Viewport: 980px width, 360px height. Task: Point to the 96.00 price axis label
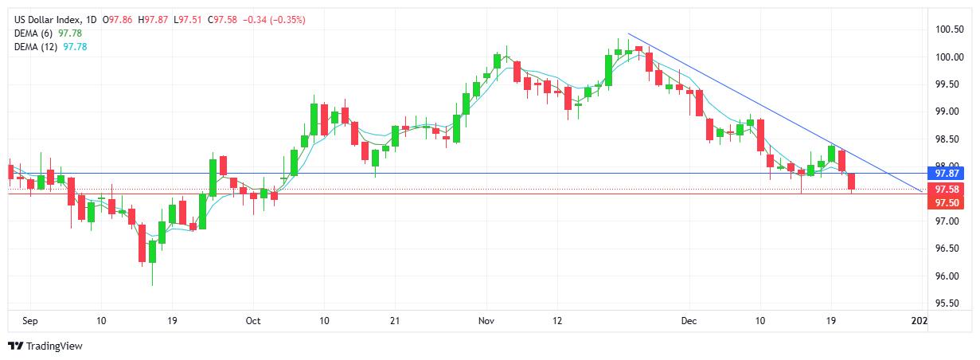pos(949,276)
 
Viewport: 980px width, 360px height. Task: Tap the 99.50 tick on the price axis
pos(949,84)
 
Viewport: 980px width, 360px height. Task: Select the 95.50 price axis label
pos(949,303)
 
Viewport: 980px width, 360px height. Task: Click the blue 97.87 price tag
pos(949,173)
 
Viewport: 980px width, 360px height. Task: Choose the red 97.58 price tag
pos(949,190)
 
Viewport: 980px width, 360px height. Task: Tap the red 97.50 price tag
pos(949,203)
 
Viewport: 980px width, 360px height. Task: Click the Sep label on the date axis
pos(30,320)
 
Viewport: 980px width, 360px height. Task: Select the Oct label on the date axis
pos(253,320)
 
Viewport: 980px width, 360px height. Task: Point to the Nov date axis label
pos(487,320)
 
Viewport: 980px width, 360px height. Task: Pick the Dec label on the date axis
pos(689,320)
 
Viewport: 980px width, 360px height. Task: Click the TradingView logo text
pos(54,346)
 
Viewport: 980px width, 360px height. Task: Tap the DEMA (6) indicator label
pos(35,33)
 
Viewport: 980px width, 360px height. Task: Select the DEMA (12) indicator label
pos(37,46)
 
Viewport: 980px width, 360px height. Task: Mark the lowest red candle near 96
pos(143,243)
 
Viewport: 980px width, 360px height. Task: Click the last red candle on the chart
pos(851,182)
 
